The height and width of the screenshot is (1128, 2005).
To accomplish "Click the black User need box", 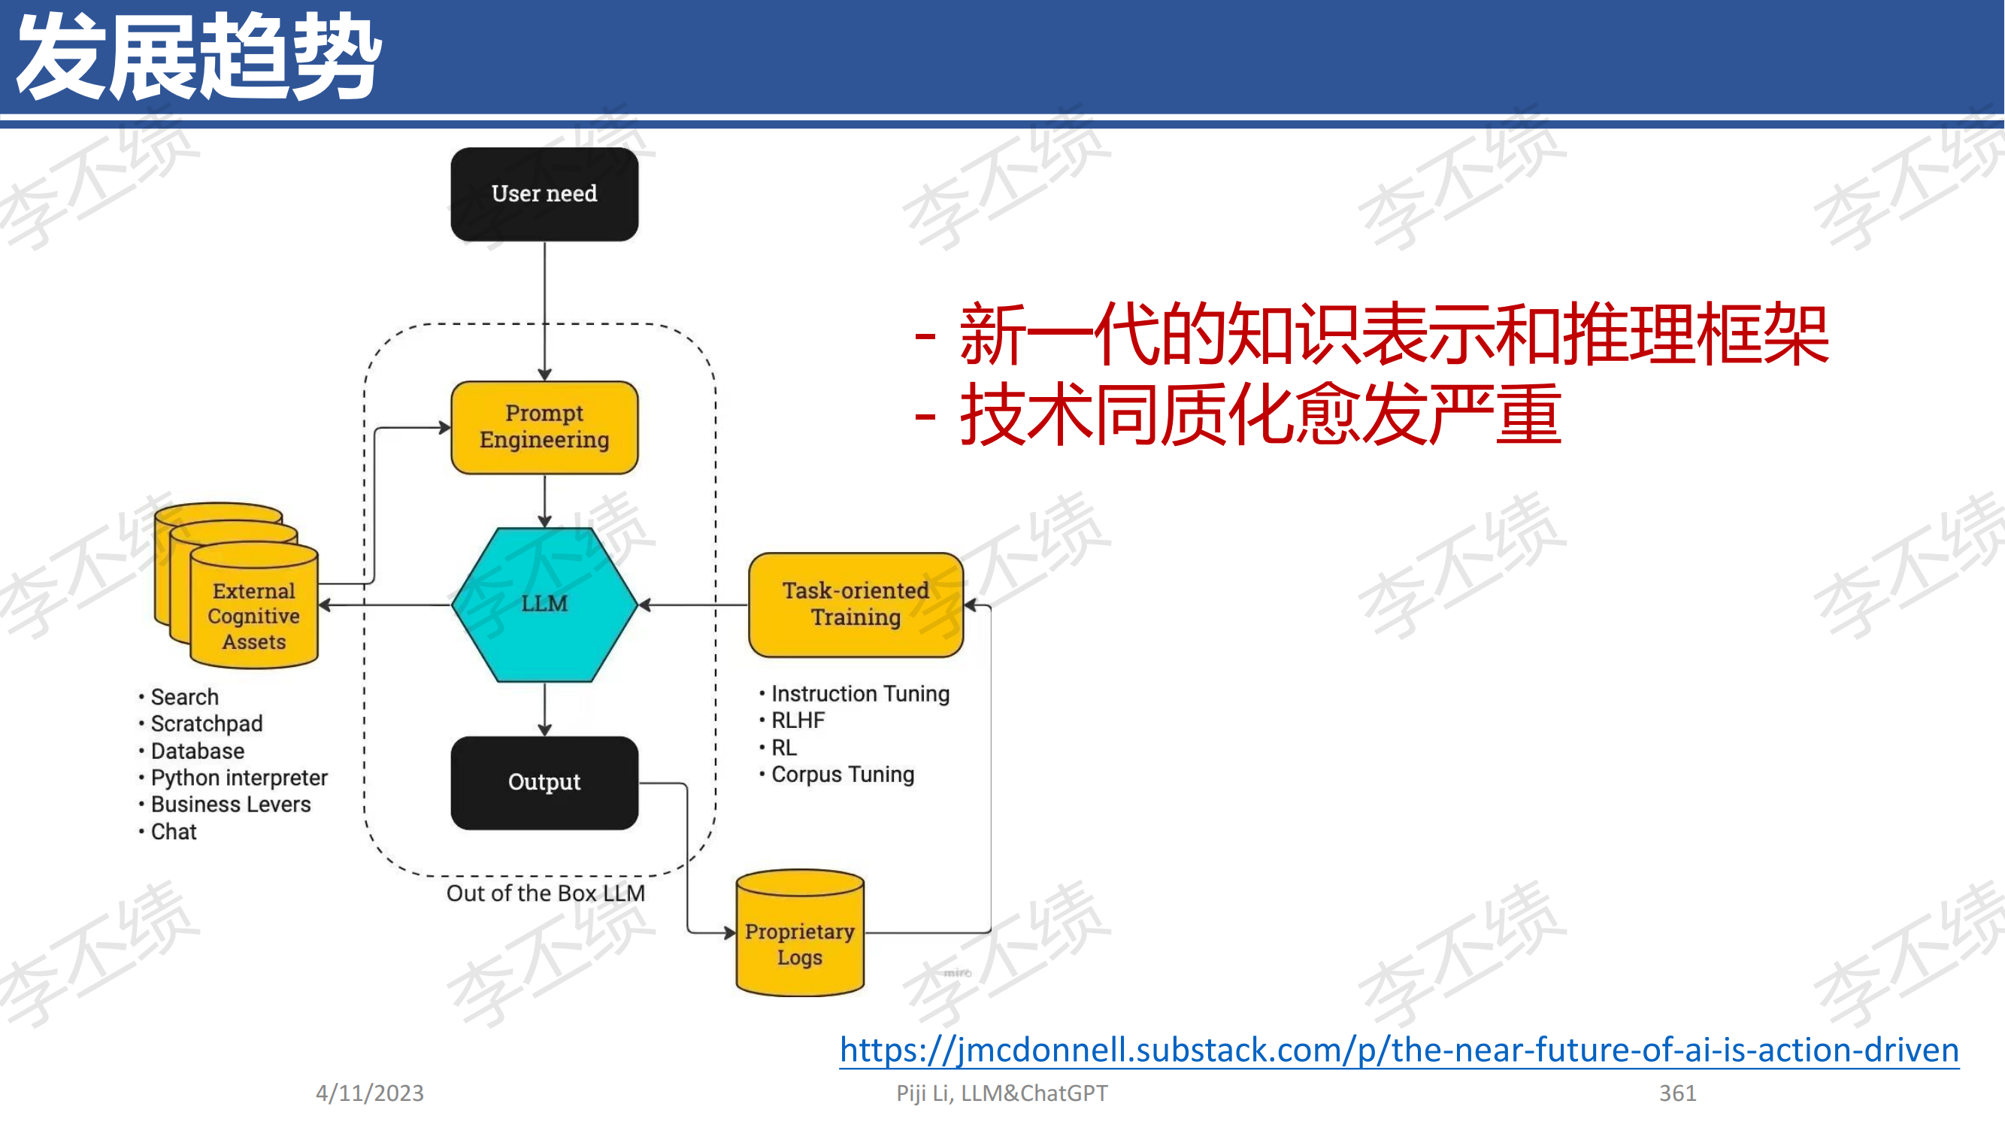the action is point(544,194).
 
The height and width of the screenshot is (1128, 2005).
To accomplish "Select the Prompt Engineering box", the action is point(544,427).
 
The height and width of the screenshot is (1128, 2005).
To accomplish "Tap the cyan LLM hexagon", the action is point(544,604).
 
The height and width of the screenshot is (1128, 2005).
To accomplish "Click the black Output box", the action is point(544,782).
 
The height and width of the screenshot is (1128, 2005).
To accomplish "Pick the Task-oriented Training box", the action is point(856,605).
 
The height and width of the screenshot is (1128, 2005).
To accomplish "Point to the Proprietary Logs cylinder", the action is point(799,932).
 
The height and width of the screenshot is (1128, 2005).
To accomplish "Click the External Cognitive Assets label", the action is point(254,617).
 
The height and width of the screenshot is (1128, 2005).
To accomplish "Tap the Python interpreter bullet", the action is point(233,778).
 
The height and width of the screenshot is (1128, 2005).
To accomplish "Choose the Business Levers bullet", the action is point(224,804).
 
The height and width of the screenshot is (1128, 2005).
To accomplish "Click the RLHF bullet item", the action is point(792,720).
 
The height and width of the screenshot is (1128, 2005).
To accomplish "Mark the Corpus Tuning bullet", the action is point(837,775).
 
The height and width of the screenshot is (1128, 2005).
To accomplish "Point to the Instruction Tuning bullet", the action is point(854,693).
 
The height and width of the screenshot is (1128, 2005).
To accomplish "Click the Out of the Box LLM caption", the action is point(546,893).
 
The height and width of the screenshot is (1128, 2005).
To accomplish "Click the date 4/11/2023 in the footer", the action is point(370,1093).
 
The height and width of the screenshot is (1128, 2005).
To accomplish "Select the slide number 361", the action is point(1677,1093).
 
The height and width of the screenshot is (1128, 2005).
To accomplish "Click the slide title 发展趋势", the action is point(199,56).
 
